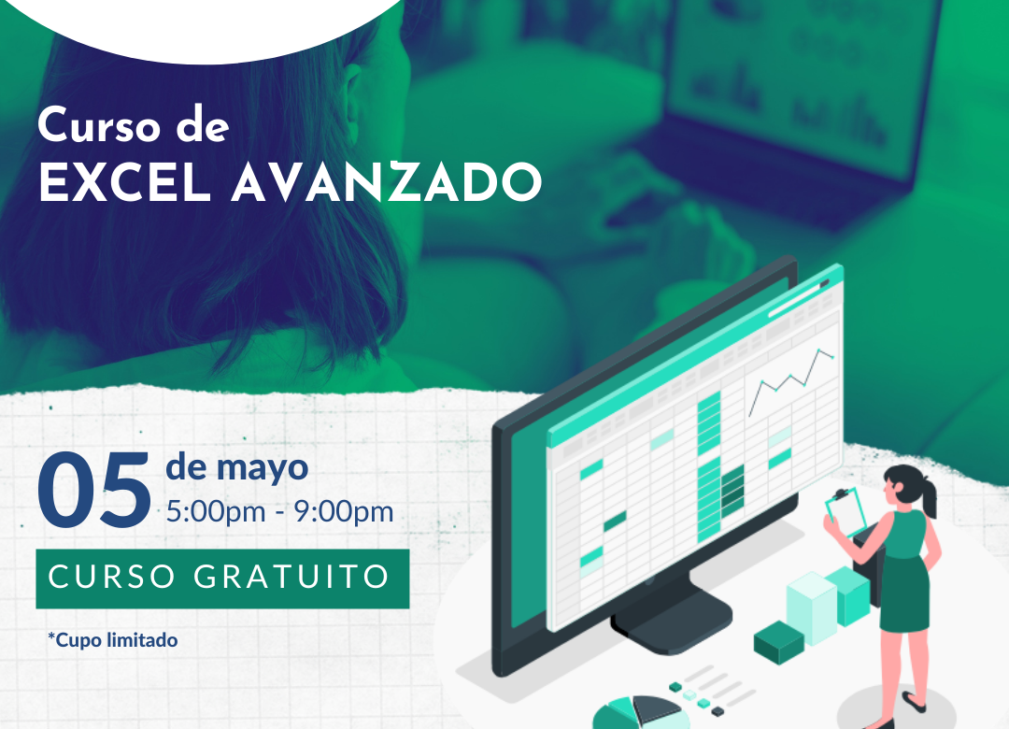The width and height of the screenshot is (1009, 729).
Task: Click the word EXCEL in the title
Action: (x=126, y=182)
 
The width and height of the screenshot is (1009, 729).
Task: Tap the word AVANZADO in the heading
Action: (x=387, y=182)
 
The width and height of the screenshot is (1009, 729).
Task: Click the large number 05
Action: (x=94, y=490)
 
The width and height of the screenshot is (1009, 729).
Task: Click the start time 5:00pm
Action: (x=216, y=512)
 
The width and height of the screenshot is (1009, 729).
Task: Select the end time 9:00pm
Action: (x=344, y=512)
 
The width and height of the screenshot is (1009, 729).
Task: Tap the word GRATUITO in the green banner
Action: (x=291, y=577)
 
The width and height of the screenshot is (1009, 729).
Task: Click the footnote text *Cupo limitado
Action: (x=113, y=640)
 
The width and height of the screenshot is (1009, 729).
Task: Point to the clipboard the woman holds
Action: (x=846, y=511)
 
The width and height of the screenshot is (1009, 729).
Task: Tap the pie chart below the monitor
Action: (x=637, y=713)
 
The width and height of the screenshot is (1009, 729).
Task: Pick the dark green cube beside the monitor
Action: (x=778, y=642)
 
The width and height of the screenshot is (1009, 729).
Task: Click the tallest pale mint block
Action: (x=812, y=607)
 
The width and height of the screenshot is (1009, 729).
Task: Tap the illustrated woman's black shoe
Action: (x=914, y=701)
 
